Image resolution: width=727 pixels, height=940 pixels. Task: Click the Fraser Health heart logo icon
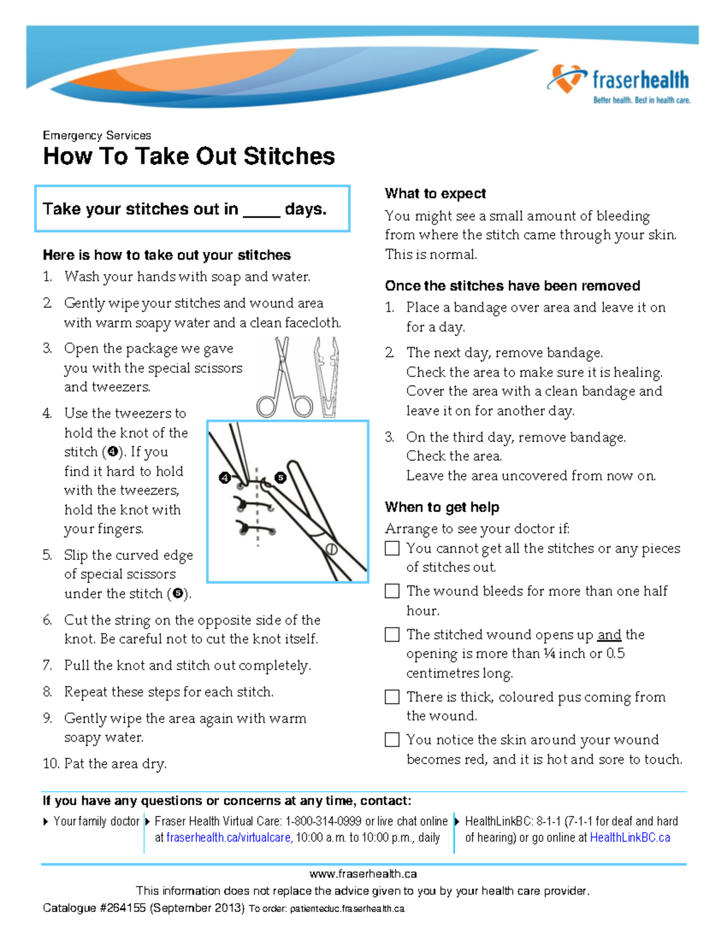[x=566, y=79]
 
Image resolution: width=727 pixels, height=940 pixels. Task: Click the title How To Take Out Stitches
[x=188, y=156]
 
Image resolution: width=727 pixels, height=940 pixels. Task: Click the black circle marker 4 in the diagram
[x=225, y=478]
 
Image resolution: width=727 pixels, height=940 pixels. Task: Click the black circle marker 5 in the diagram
[x=280, y=478]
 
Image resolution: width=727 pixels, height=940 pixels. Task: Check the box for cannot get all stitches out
[x=393, y=548]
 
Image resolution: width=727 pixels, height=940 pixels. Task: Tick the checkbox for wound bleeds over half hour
[x=393, y=591]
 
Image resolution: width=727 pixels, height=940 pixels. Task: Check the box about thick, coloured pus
[x=393, y=697]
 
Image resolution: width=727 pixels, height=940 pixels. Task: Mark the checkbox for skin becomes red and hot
[x=393, y=740]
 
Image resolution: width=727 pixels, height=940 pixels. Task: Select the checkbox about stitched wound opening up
[x=393, y=634]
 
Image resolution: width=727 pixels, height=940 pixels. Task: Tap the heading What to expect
[x=435, y=194]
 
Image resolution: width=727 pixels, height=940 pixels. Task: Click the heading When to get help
[x=442, y=507]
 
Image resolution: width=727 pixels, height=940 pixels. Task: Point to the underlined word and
[x=609, y=635]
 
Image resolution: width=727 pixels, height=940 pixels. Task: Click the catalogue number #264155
[x=122, y=908]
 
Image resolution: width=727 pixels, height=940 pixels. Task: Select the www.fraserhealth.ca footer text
[x=363, y=873]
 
